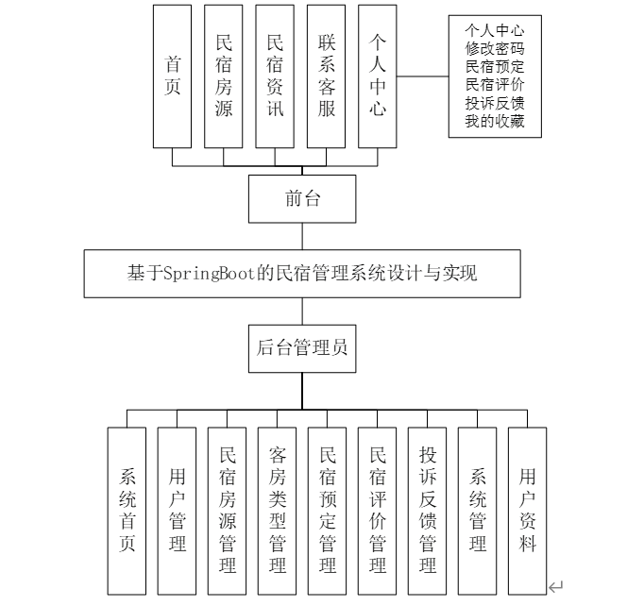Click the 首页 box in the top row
click(x=173, y=76)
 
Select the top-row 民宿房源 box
click(x=224, y=76)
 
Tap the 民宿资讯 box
click(x=275, y=76)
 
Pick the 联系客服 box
click(x=327, y=76)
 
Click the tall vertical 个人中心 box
click(x=378, y=76)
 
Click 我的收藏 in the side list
click(x=495, y=122)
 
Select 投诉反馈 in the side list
click(x=495, y=104)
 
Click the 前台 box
click(x=302, y=197)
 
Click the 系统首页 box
click(x=127, y=511)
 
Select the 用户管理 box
click(x=178, y=511)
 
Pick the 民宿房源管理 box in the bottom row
click(x=228, y=511)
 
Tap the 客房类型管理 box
click(x=278, y=511)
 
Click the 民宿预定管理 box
click(x=328, y=511)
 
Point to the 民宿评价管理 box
click(x=378, y=511)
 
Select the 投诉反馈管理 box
click(x=428, y=511)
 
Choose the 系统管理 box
click(x=478, y=511)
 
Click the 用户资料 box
click(x=528, y=511)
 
